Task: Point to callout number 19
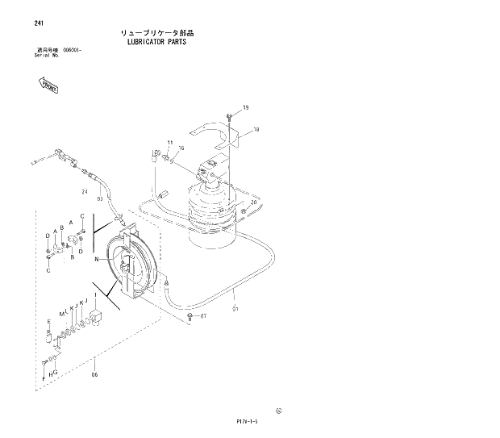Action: [x=245, y=108]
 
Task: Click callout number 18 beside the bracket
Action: [x=255, y=129]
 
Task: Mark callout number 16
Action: [x=181, y=148]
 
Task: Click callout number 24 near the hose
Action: [x=84, y=191]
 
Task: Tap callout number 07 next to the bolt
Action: [x=202, y=316]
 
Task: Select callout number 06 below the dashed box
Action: [x=94, y=374]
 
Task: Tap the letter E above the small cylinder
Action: [x=48, y=321]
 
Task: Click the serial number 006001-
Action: [x=74, y=51]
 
